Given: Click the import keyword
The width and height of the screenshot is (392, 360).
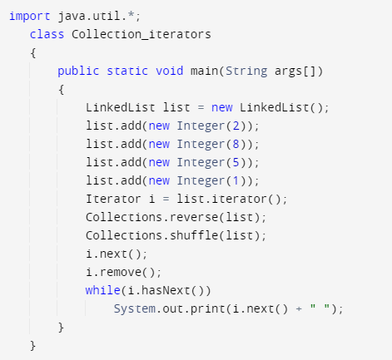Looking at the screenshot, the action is click(x=30, y=17).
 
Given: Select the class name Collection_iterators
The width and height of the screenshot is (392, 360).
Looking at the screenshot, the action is click(x=141, y=34).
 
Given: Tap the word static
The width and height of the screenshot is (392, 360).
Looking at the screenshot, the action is click(x=127, y=71).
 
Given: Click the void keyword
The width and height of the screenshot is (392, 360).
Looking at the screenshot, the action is click(x=169, y=71).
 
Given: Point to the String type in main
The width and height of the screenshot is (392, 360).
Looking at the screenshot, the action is click(x=246, y=72).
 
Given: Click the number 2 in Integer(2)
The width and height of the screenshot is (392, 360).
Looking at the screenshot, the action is click(x=236, y=126).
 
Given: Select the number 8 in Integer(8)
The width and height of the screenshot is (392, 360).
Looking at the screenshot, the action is click(x=236, y=144).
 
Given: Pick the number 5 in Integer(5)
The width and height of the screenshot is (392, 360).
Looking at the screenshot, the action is click(x=236, y=162).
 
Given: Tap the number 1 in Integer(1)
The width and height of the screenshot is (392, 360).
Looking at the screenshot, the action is click(x=236, y=180).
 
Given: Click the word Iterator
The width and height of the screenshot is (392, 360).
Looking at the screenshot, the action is click(x=113, y=199).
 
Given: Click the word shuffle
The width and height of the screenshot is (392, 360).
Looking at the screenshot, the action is click(x=194, y=235).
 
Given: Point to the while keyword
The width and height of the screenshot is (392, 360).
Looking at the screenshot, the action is click(x=102, y=290).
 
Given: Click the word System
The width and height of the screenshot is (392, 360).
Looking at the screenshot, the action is click(x=135, y=309).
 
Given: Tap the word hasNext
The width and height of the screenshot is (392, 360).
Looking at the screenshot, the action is click(x=166, y=290).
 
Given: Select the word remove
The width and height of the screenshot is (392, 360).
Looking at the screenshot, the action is click(x=121, y=272).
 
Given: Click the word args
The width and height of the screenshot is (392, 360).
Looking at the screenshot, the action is click(x=288, y=72).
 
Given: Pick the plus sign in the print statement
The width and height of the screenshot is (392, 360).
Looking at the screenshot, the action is click(x=299, y=309).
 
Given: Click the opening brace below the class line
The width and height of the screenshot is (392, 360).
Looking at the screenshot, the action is click(x=33, y=52).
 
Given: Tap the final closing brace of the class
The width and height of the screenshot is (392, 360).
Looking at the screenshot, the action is click(x=33, y=346).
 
